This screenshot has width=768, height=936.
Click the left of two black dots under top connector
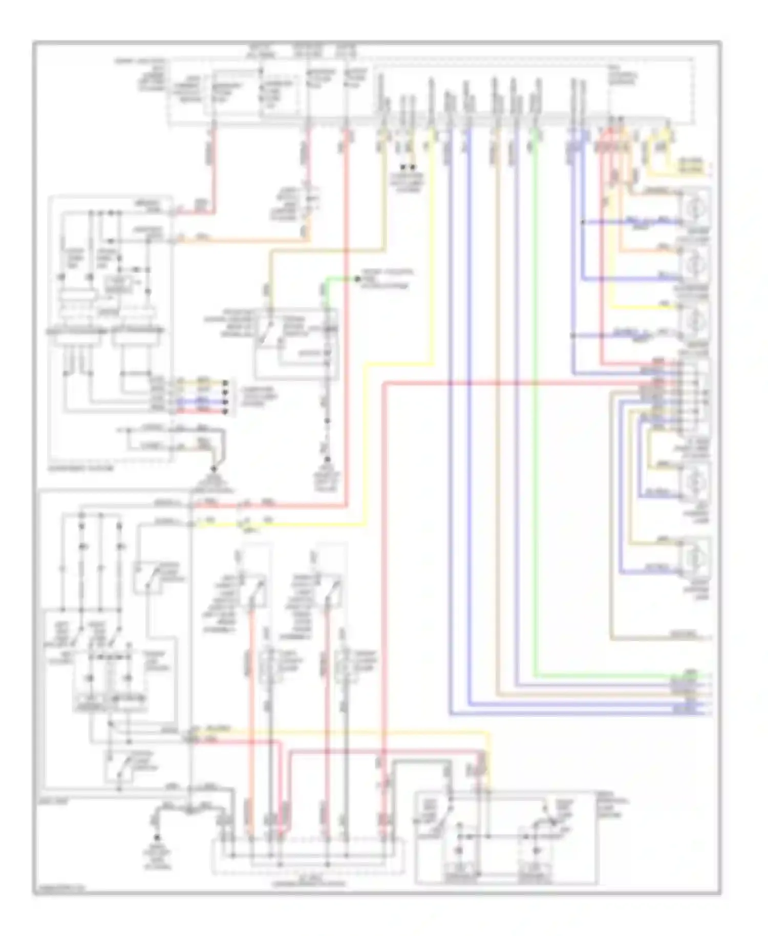(402, 167)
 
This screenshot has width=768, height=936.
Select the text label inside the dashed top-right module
(623, 77)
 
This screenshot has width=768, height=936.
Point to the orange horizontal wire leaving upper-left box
(241, 239)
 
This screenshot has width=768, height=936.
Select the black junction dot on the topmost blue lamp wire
(583, 222)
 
